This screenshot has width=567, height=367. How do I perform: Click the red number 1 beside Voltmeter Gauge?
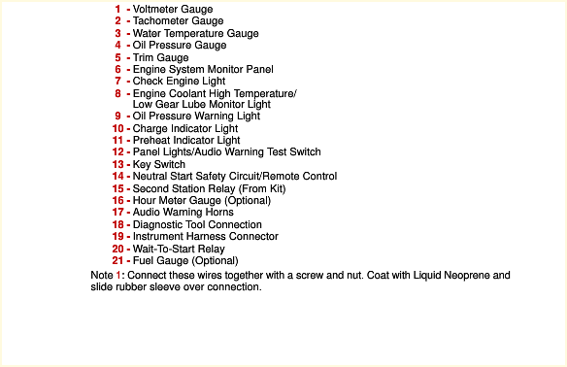(117, 9)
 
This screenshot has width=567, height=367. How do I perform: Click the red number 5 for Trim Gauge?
(117, 57)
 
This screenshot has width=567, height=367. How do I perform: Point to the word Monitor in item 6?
(226, 69)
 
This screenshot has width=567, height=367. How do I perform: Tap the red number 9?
(117, 117)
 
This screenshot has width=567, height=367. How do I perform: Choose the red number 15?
(117, 188)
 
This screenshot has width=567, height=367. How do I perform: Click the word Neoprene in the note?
(466, 275)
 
